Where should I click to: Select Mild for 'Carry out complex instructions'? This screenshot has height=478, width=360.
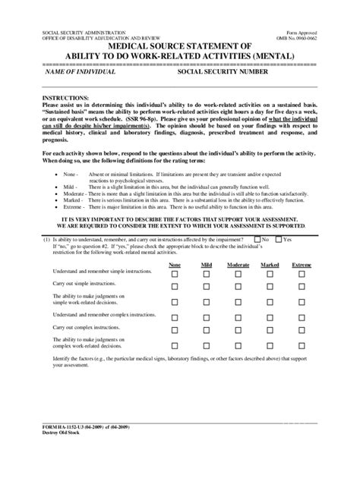pos(207,329)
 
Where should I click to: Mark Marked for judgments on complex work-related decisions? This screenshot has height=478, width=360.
pos(270,344)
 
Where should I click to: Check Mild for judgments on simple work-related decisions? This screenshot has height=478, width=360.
pos(207,301)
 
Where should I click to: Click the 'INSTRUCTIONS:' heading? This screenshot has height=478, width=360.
pos(66,99)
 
